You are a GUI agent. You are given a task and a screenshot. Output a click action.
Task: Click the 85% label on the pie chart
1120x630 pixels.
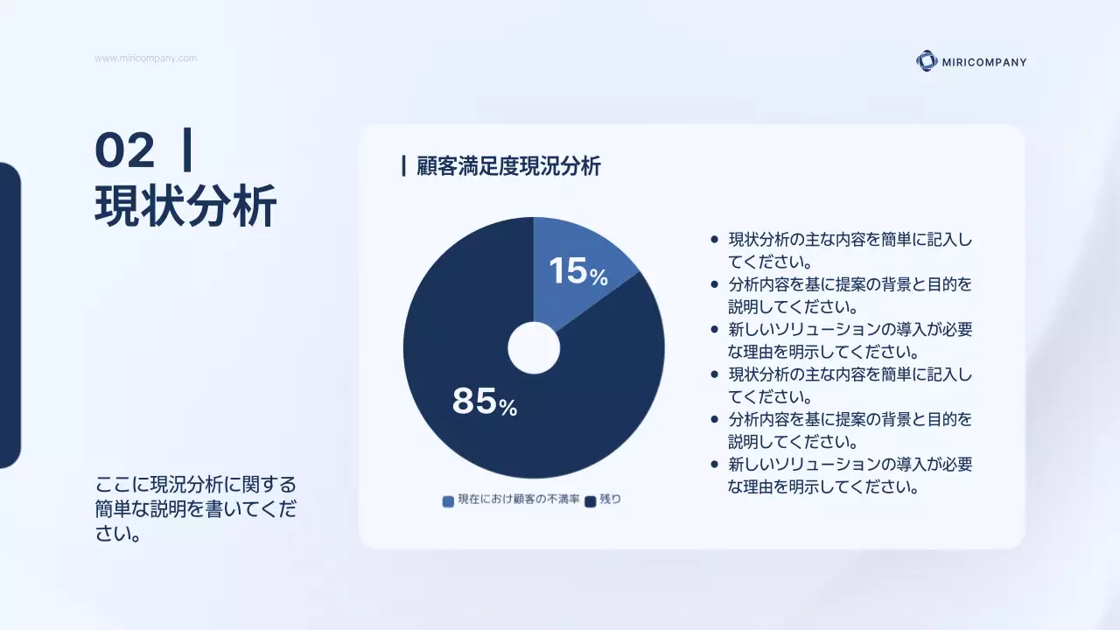(484, 402)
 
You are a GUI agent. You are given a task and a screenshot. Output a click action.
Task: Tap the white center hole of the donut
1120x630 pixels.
(534, 347)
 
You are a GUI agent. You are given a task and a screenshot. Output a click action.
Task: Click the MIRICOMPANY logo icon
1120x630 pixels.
(926, 61)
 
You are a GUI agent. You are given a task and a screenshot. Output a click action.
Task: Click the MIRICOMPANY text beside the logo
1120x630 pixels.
(984, 62)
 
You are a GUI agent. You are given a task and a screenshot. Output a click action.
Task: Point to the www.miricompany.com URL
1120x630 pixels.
(145, 59)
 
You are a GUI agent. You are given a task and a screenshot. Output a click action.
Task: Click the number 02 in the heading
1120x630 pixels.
(124, 150)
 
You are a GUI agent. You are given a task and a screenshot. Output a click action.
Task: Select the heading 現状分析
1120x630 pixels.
(185, 206)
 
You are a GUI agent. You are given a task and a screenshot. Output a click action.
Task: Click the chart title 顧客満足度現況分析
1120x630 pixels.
(508, 166)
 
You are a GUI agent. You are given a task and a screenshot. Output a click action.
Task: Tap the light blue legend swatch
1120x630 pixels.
(448, 501)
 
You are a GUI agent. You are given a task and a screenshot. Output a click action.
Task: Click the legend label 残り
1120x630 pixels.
(610, 500)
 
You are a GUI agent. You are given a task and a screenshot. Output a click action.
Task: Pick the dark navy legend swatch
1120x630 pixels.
(590, 501)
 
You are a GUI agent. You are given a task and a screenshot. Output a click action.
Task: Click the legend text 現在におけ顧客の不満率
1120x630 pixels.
(518, 500)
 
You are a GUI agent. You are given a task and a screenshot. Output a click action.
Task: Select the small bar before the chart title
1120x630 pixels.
(403, 166)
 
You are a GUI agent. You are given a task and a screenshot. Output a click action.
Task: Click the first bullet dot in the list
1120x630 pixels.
(715, 239)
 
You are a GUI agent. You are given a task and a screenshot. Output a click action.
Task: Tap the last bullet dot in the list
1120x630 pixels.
(715, 465)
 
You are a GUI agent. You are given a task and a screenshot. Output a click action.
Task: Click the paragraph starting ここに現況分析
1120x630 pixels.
(194, 508)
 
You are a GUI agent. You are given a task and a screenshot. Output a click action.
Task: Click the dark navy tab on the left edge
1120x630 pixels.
(9, 315)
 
